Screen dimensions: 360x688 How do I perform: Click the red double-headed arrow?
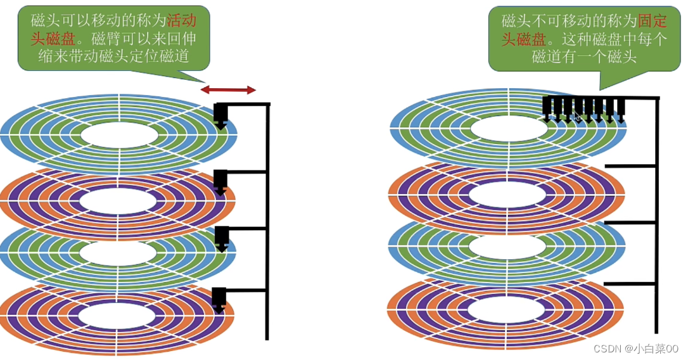pos(229,90)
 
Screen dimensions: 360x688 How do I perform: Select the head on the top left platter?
pos(220,116)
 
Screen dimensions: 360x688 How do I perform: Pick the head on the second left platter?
pos(220,181)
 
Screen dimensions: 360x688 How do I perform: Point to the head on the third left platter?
pos(221,238)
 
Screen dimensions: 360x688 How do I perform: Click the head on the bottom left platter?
pos(219,299)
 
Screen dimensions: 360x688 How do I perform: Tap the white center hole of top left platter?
pos(118,134)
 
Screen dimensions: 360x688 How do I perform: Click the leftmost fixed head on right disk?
pos(547,107)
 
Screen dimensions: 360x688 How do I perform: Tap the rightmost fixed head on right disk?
pos(621,108)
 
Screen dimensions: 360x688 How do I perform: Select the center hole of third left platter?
pos(118,254)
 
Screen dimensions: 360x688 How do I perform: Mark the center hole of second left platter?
pos(118,202)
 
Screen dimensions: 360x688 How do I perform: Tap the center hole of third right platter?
pos(509,247)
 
